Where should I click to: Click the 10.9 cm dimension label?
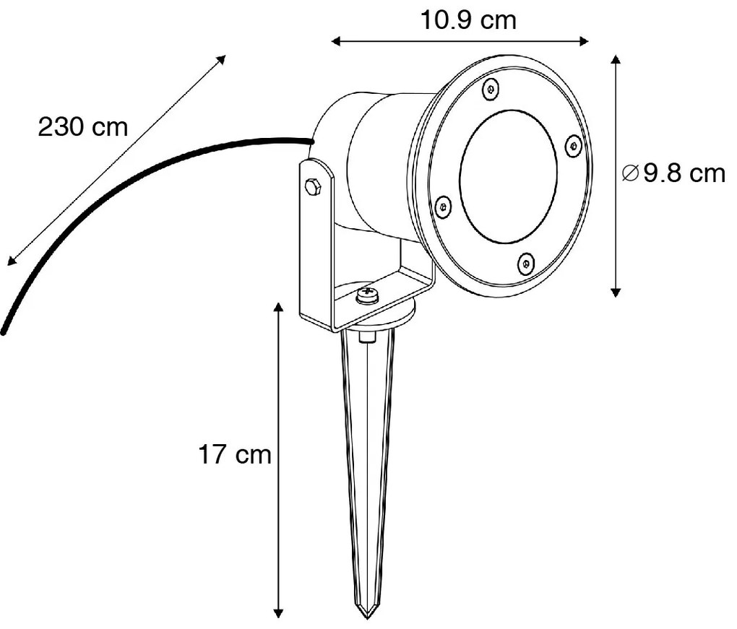(x=468, y=20)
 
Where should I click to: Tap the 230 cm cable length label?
(x=82, y=127)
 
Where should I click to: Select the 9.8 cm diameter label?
(x=683, y=173)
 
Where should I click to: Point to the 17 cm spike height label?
(x=235, y=455)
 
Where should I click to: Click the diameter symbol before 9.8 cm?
(x=630, y=173)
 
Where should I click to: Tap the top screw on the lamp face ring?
(x=490, y=89)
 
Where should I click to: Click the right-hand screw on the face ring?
(x=573, y=146)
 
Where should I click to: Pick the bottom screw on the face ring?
(x=526, y=264)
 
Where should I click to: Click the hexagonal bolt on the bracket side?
(x=314, y=187)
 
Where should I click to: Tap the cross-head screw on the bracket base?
(x=367, y=295)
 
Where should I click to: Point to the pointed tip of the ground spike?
(x=368, y=616)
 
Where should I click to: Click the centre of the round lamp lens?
(x=508, y=176)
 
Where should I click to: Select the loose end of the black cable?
(x=4, y=331)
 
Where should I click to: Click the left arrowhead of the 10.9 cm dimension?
(x=335, y=41)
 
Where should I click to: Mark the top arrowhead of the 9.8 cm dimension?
(x=616, y=58)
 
